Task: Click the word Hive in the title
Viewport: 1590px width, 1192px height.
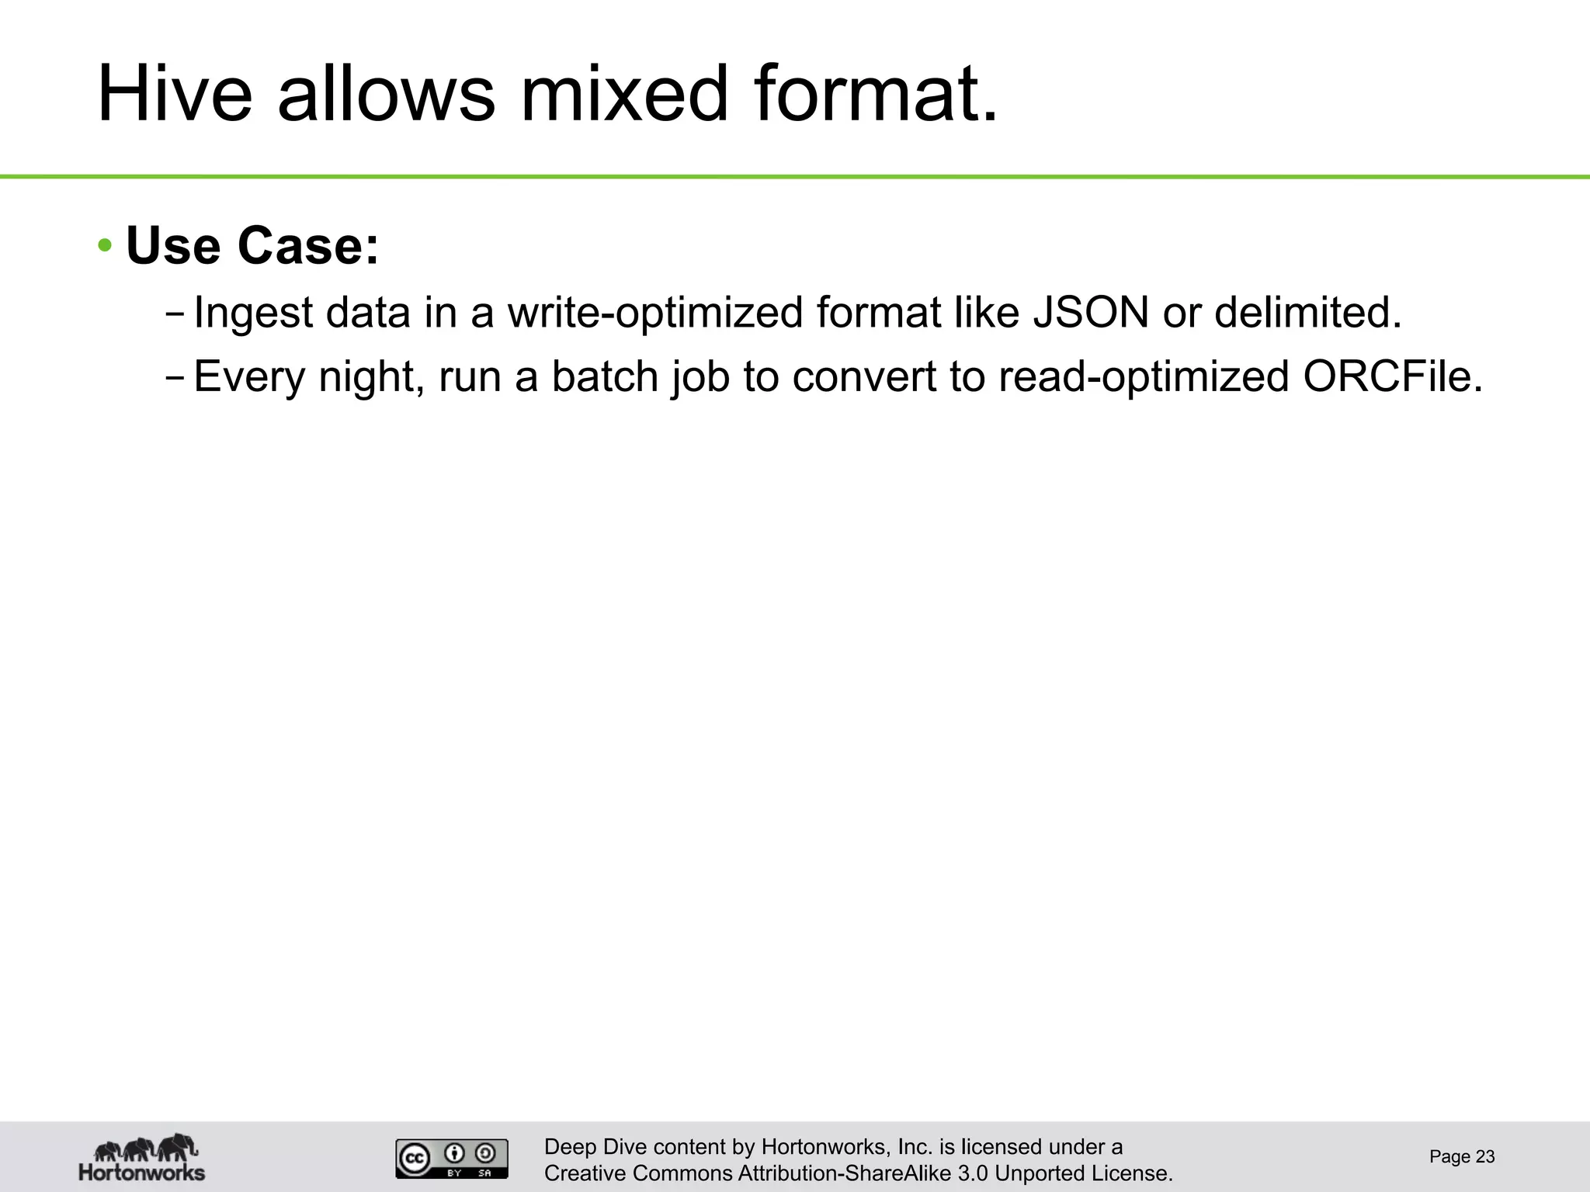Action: (x=175, y=95)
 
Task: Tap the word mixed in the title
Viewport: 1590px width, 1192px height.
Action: (x=625, y=95)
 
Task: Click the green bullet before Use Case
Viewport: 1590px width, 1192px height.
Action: (x=106, y=247)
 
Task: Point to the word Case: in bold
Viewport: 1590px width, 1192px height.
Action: (x=307, y=245)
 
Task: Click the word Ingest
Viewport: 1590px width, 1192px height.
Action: (x=253, y=314)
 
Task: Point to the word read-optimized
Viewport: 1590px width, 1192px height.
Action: (x=1144, y=377)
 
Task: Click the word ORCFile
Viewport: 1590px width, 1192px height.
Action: (x=1392, y=376)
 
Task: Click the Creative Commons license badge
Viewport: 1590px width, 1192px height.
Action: (x=452, y=1159)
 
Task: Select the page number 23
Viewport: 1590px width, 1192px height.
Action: (x=1484, y=1157)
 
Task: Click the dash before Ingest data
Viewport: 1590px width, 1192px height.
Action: (x=175, y=314)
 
